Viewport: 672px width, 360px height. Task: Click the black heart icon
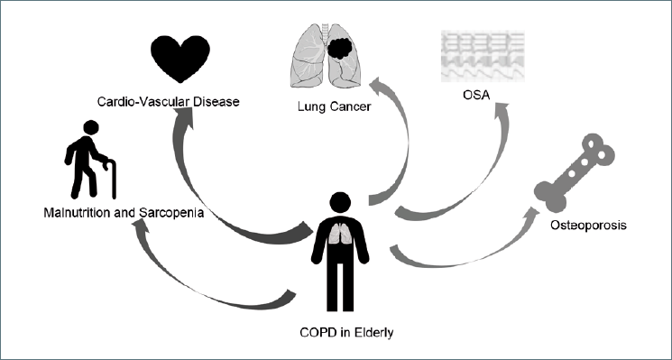[180, 59]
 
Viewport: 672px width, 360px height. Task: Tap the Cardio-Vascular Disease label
[168, 102]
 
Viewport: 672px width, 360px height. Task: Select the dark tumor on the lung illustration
[339, 48]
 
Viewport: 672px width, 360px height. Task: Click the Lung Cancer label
[334, 106]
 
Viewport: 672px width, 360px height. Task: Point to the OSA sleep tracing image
[483, 56]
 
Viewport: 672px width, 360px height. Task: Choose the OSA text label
[476, 95]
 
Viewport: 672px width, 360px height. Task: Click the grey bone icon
[575, 172]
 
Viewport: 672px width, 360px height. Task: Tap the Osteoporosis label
[588, 226]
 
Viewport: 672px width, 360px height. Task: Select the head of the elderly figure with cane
[91, 127]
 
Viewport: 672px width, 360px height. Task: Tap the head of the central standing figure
[340, 203]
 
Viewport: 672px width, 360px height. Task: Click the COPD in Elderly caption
[346, 333]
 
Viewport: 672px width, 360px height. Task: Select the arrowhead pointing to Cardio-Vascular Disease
[183, 117]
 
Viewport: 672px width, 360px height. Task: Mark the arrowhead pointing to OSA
[500, 112]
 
